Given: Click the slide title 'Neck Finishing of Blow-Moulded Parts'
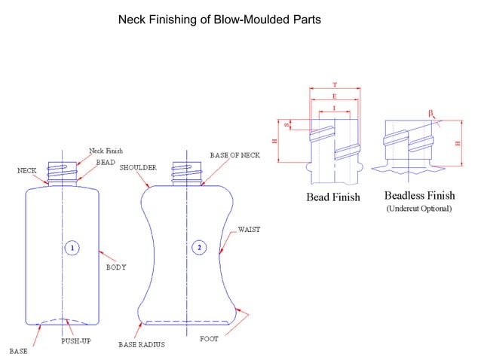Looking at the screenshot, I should [219, 20].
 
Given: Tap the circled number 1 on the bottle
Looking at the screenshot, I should [72, 248].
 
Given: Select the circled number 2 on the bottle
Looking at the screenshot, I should [199, 248].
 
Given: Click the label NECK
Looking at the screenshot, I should [27, 171].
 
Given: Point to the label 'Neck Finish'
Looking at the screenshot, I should [106, 151].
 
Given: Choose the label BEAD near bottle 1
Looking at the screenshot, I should [106, 162].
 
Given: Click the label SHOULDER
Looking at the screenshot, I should [138, 167].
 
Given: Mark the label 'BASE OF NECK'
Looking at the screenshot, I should [234, 155].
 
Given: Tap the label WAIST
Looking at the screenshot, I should [249, 229].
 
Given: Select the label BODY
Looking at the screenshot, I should [115, 267].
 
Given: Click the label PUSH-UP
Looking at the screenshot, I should [76, 341].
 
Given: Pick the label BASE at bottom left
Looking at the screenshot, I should [18, 351].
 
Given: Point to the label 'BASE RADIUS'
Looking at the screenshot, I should [142, 344].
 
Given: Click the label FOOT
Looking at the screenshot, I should [209, 339].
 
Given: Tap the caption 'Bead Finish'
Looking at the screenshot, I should [332, 197].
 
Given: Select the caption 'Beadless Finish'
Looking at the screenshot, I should [418, 195].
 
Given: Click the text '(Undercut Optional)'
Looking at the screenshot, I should [418, 208].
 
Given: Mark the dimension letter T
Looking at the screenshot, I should [334, 85].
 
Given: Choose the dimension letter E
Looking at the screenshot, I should [334, 97].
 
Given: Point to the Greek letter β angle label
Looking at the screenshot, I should [431, 112].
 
